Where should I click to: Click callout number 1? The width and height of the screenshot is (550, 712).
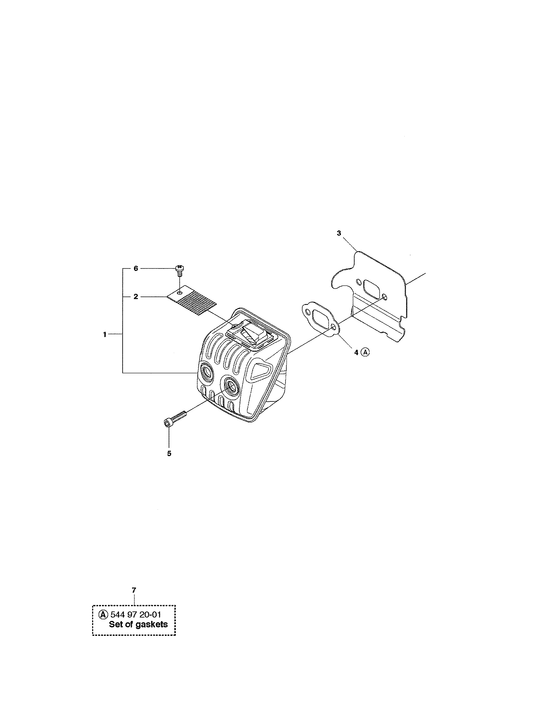tap(105, 334)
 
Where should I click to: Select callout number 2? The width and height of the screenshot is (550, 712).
tap(135, 297)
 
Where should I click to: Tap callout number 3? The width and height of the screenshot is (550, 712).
tap(339, 233)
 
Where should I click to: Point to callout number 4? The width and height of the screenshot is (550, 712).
tap(356, 352)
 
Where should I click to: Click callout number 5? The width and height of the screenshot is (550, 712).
tap(169, 454)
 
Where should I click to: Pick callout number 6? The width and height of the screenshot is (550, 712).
tap(135, 268)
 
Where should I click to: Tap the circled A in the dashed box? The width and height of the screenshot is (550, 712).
tap(103, 614)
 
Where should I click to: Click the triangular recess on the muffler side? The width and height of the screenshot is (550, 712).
tap(259, 371)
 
